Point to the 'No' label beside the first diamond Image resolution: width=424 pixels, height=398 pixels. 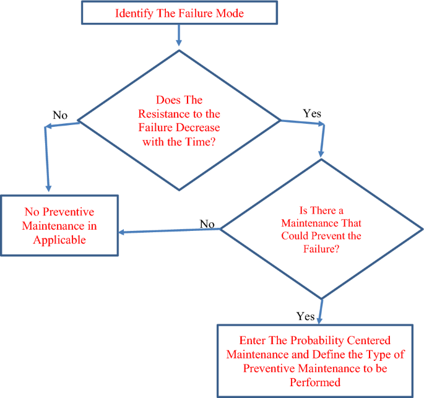[60, 116]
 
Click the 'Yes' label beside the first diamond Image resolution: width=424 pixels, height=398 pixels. [311, 113]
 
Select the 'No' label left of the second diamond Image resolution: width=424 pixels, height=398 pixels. [207, 223]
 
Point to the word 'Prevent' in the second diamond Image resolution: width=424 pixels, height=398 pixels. [341, 236]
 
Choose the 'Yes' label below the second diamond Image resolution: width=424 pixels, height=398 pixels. [305, 316]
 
